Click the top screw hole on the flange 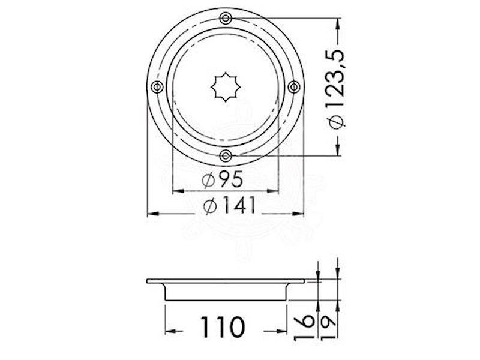click(226, 19)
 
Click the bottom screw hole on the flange click(226, 156)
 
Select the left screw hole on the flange click(157, 87)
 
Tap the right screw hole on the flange click(294, 87)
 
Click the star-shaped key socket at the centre click(226, 87)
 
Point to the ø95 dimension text click(223, 179)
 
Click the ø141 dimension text click(229, 205)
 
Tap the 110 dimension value click(223, 326)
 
